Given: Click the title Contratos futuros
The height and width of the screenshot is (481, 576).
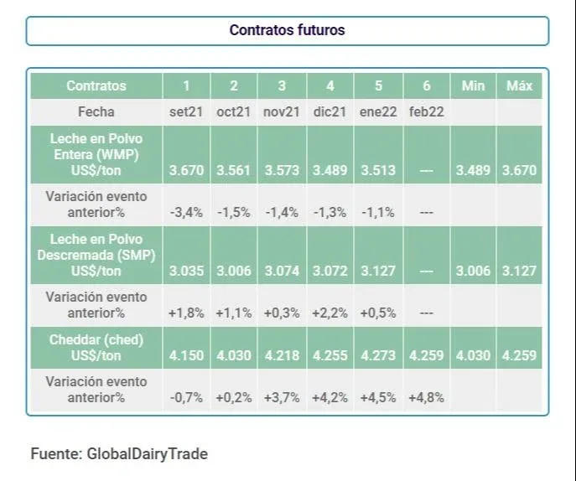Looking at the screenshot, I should (287, 30).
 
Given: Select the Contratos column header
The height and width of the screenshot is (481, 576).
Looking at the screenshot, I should (96, 85).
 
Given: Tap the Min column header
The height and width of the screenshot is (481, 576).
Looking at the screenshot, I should (474, 85).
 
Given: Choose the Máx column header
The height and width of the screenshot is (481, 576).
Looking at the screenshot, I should (520, 85).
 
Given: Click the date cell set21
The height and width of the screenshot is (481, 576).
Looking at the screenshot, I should (185, 112).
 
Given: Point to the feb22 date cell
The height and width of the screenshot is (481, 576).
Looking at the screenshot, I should (426, 112).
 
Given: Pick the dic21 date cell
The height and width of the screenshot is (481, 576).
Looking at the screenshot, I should (330, 112).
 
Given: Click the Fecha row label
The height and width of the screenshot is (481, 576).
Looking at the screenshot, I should (96, 112).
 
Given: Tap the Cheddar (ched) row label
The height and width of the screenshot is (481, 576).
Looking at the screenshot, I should (96, 347).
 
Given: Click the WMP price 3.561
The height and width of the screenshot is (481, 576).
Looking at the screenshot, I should (234, 171).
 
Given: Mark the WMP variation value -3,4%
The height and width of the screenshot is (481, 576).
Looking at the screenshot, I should (185, 212).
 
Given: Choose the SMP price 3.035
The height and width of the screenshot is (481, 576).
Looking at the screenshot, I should (185, 272).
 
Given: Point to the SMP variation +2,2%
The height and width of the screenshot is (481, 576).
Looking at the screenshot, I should (330, 313).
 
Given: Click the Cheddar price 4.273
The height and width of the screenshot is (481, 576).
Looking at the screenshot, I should (378, 355).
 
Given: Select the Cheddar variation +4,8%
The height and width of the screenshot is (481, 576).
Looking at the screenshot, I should (426, 397).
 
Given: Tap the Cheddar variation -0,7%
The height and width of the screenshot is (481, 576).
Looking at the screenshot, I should (185, 397).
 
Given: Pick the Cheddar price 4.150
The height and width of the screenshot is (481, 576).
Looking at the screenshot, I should (185, 355).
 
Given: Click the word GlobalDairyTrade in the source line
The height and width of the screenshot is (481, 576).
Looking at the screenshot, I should (147, 454).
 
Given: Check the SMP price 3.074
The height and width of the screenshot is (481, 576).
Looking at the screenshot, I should (282, 272).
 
